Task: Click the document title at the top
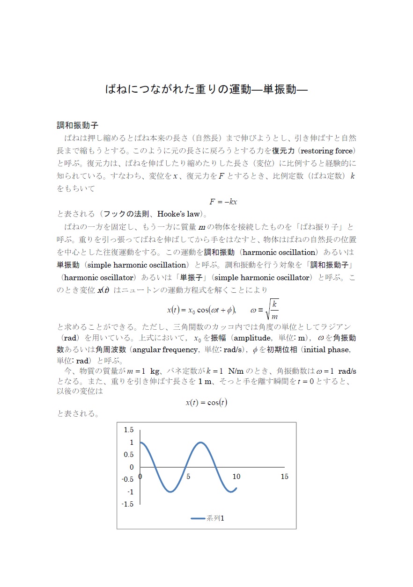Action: point(206,89)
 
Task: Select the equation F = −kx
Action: point(223,202)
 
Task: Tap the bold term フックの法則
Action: point(126,214)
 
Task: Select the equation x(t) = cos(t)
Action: point(206,402)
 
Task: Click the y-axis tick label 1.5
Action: point(128,430)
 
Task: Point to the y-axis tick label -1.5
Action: point(127,504)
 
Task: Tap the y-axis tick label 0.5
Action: point(128,455)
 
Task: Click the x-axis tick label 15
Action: point(284,477)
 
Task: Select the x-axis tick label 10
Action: point(236,477)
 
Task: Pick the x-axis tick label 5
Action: point(188,477)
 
